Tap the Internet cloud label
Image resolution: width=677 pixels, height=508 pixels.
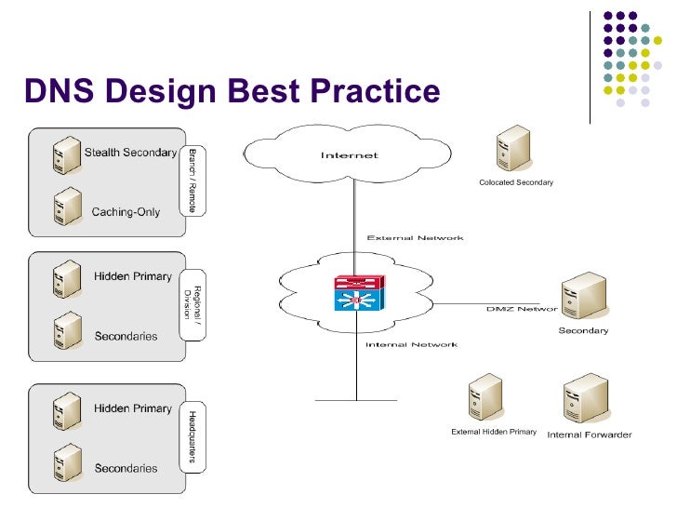[350, 155]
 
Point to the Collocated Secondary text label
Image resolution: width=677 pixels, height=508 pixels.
[516, 182]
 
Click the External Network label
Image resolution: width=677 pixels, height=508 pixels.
[415, 238]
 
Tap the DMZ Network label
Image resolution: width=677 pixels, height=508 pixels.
[522, 308]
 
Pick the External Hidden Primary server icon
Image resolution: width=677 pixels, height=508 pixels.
[486, 397]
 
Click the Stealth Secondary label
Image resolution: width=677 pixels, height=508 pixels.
[130, 153]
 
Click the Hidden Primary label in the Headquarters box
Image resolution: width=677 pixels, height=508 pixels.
[133, 408]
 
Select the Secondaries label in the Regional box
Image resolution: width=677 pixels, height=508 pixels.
[126, 336]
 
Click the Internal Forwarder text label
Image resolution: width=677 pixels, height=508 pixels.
[590, 434]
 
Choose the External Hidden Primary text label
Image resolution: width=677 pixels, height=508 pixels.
[494, 432]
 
